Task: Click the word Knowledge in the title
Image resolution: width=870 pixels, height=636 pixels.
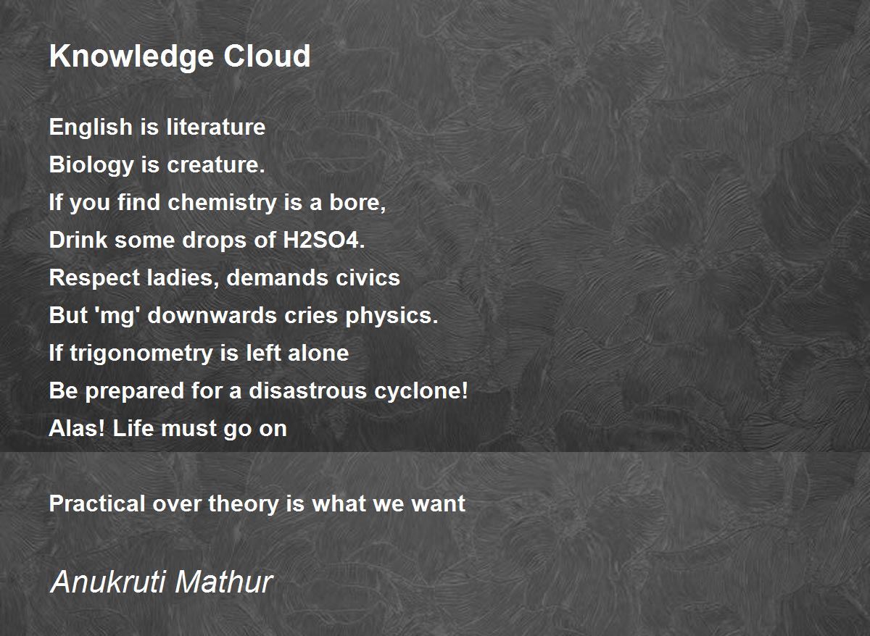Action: pyautogui.click(x=131, y=57)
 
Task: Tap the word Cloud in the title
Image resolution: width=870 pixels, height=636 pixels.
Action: pyautogui.click(x=267, y=56)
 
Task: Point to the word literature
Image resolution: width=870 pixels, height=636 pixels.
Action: pyautogui.click(x=216, y=127)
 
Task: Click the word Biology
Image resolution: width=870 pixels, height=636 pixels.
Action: pyautogui.click(x=91, y=166)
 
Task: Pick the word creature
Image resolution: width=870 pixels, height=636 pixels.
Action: pyautogui.click(x=215, y=165)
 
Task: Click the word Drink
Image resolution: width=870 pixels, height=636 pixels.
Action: pyautogui.click(x=78, y=240)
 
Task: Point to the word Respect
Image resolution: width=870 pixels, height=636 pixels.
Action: pyautogui.click(x=94, y=279)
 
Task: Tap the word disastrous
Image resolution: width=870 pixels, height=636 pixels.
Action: pyautogui.click(x=307, y=390)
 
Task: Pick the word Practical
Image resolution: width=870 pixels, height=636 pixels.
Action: pyautogui.click(x=97, y=503)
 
